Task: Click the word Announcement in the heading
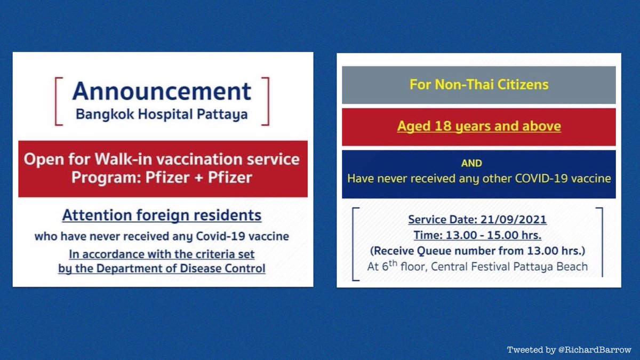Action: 162,91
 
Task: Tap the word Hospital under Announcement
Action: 165,115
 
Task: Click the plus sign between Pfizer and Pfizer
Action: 199,178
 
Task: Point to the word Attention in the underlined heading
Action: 97,215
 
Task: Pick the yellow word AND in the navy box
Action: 471,163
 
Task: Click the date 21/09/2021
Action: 514,220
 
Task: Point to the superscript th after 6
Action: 393,263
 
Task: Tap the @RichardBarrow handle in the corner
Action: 595,350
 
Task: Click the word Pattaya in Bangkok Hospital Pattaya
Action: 222,115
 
